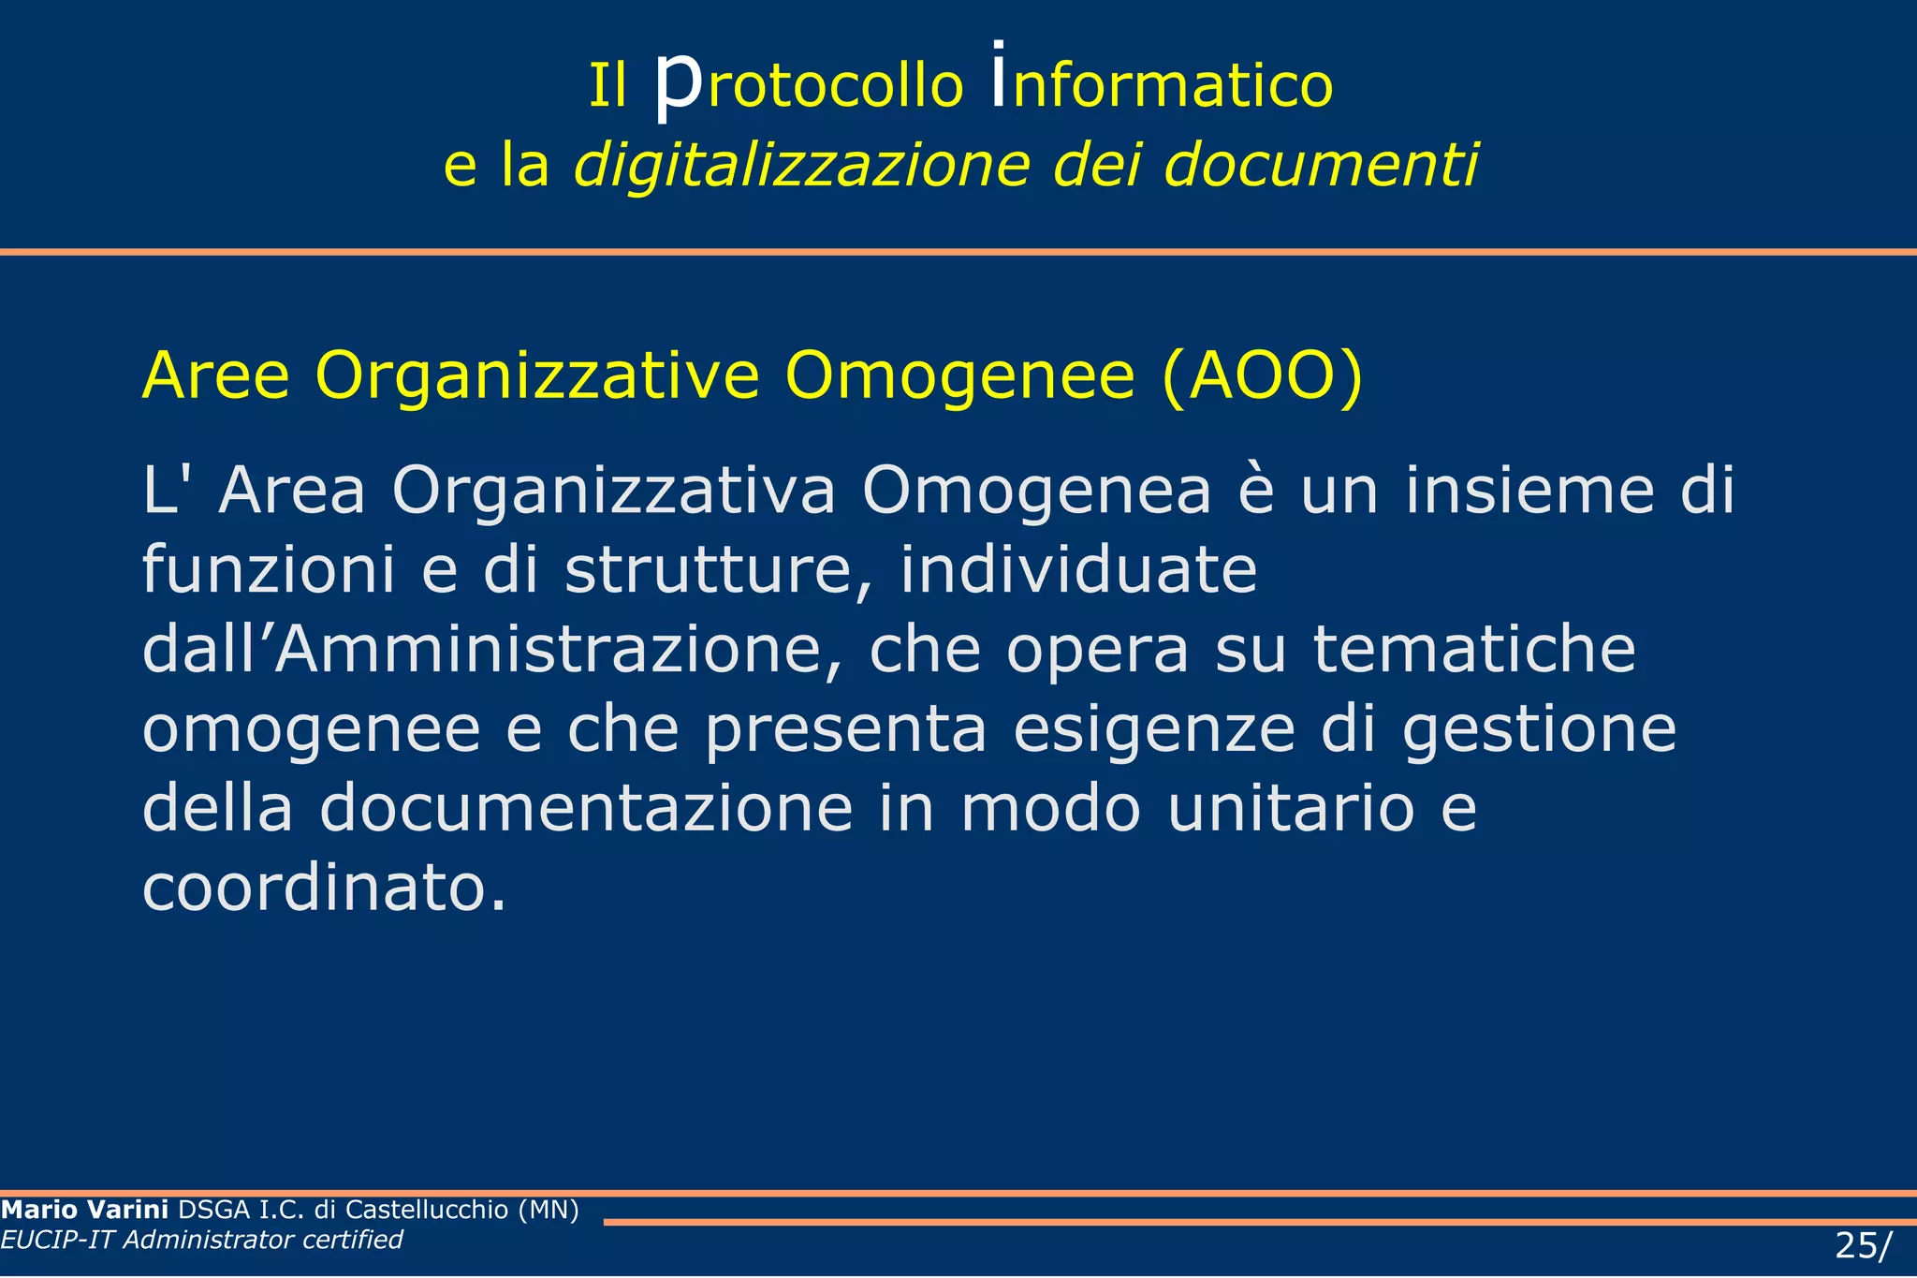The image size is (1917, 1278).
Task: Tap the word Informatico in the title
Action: (x=1162, y=84)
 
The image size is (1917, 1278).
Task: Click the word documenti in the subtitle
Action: (x=1321, y=166)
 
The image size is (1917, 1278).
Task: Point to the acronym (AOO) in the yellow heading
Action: (x=1262, y=376)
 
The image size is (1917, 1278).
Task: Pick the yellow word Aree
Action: (x=215, y=376)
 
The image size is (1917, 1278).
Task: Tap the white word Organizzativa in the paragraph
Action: (x=613, y=491)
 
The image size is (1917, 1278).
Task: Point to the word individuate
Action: (x=1078, y=570)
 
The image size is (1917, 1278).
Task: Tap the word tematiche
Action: (x=1474, y=650)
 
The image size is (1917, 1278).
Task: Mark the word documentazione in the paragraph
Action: (x=586, y=809)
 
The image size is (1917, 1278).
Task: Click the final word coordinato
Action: (x=324, y=889)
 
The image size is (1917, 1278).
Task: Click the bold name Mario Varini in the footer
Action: (x=85, y=1210)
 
